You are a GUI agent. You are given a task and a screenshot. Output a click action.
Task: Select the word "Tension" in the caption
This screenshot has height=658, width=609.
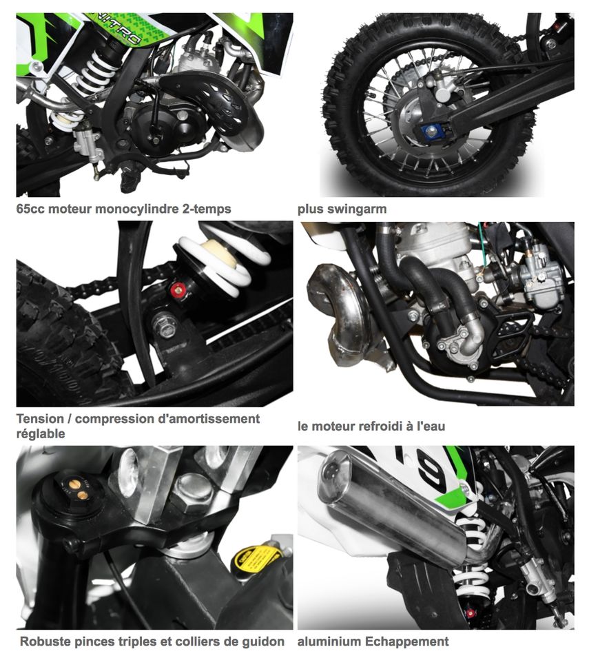pos(40,418)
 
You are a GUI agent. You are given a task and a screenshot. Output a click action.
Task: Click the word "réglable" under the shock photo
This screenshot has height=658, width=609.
pos(40,433)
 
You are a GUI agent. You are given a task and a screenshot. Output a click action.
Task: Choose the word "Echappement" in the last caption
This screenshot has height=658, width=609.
pos(406,641)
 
